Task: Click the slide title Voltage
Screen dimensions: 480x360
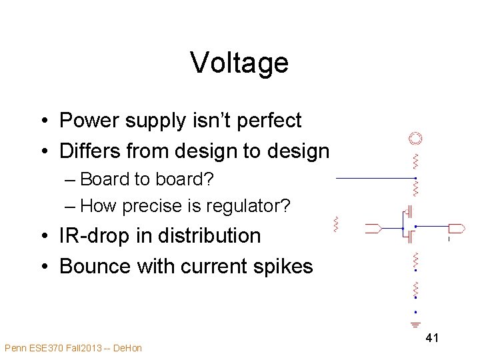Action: pyautogui.click(x=239, y=63)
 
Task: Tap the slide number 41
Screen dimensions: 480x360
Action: pyautogui.click(x=432, y=338)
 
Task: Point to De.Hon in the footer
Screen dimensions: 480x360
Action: pyautogui.click(x=127, y=347)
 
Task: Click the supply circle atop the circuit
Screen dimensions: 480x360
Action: pyautogui.click(x=415, y=139)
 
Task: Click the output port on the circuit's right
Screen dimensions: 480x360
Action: pyautogui.click(x=457, y=228)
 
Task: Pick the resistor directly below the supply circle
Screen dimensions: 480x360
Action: pyautogui.click(x=415, y=161)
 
